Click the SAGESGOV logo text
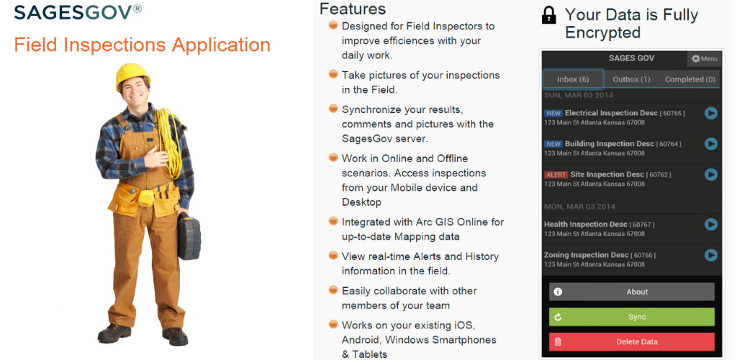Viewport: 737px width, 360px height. (78, 12)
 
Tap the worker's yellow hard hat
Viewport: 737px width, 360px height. (132, 74)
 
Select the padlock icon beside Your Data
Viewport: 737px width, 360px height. (548, 14)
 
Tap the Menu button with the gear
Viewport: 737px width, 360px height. (704, 59)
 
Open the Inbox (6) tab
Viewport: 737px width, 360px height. (573, 79)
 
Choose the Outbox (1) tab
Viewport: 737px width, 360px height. (631, 79)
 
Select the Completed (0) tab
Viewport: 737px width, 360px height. (690, 79)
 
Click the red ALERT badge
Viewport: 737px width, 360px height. (556, 175)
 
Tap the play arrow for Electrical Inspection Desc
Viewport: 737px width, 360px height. (710, 113)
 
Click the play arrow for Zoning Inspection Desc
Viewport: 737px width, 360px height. (710, 255)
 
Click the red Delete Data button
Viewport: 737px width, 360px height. (632, 342)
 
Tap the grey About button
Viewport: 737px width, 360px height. (632, 292)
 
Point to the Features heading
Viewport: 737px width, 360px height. (353, 9)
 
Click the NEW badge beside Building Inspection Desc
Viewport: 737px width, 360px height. (553, 144)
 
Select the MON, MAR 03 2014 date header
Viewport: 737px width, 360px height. (579, 207)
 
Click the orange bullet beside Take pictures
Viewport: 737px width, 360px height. (333, 74)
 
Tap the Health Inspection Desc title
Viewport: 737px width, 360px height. (586, 225)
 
